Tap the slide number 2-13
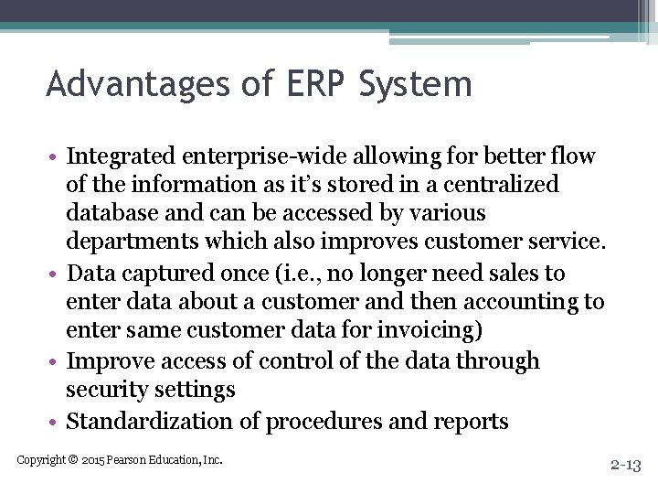(x=625, y=466)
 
